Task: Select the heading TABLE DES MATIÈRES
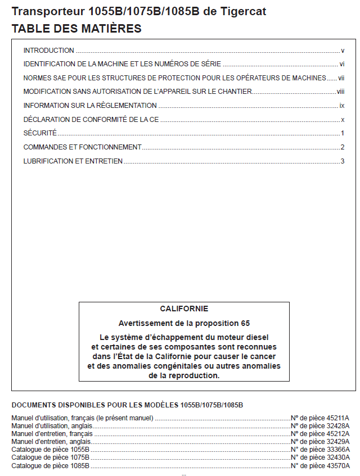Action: [76, 28]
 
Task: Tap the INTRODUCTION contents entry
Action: [49, 51]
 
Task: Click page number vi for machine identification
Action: [341, 64]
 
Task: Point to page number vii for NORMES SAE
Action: [341, 78]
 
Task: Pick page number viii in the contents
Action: [340, 92]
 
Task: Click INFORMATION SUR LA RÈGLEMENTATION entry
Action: [90, 106]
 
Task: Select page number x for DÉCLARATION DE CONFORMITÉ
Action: [343, 120]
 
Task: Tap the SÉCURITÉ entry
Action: [40, 133]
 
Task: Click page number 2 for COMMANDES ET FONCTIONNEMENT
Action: [342, 147]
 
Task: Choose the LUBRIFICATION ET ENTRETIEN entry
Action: [73, 161]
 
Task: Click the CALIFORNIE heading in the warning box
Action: [184, 309]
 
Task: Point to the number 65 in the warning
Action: [245, 323]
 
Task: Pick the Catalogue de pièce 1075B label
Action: [50, 458]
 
